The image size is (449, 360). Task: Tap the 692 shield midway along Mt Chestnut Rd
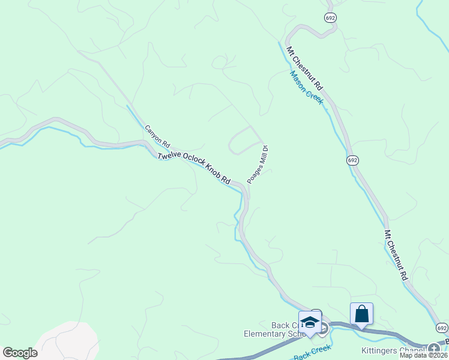(352, 160)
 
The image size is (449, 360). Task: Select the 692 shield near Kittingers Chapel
(442, 328)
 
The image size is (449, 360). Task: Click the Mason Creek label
(306, 88)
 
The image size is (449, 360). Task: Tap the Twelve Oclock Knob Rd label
(194, 167)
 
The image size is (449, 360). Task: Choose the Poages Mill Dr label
(258, 164)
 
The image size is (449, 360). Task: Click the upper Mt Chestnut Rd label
(305, 70)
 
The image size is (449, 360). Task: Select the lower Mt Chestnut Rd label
(396, 256)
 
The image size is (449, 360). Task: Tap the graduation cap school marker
(310, 322)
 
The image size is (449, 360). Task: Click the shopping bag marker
(361, 314)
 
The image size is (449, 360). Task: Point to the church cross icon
(433, 348)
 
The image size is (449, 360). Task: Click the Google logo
(20, 353)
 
